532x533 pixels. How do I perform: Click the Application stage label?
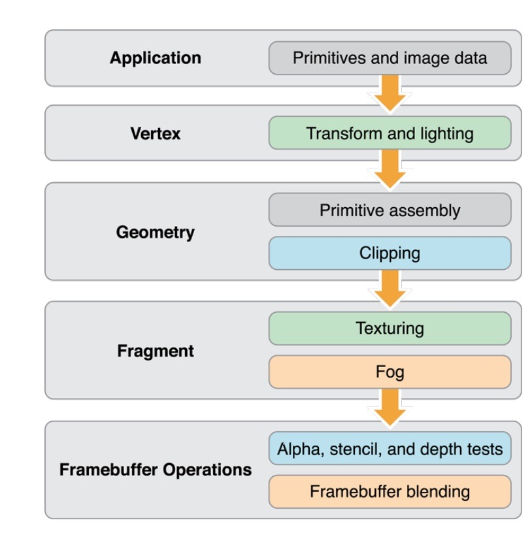pos(156,58)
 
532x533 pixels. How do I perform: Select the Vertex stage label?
pos(156,133)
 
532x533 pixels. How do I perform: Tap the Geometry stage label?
pos(156,233)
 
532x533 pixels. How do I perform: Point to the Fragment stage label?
pos(156,351)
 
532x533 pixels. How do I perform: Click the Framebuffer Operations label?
pos(156,470)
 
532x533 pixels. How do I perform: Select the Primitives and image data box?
pos(390,58)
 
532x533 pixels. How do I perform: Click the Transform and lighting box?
pos(390,133)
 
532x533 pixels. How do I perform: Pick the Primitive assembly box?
pos(390,210)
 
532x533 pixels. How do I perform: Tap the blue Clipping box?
pos(390,253)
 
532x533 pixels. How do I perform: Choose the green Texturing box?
pos(390,329)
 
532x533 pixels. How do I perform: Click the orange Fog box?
pos(390,372)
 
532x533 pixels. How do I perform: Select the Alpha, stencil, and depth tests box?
pos(390,448)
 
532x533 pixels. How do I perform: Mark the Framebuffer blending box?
pos(390,492)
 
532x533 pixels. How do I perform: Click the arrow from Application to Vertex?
pos(390,93)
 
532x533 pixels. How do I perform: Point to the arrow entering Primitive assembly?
pos(390,169)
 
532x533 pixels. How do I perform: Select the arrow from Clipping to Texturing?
pos(390,289)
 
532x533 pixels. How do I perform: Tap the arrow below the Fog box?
pos(390,407)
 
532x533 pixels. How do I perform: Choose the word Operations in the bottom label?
pos(207,470)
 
